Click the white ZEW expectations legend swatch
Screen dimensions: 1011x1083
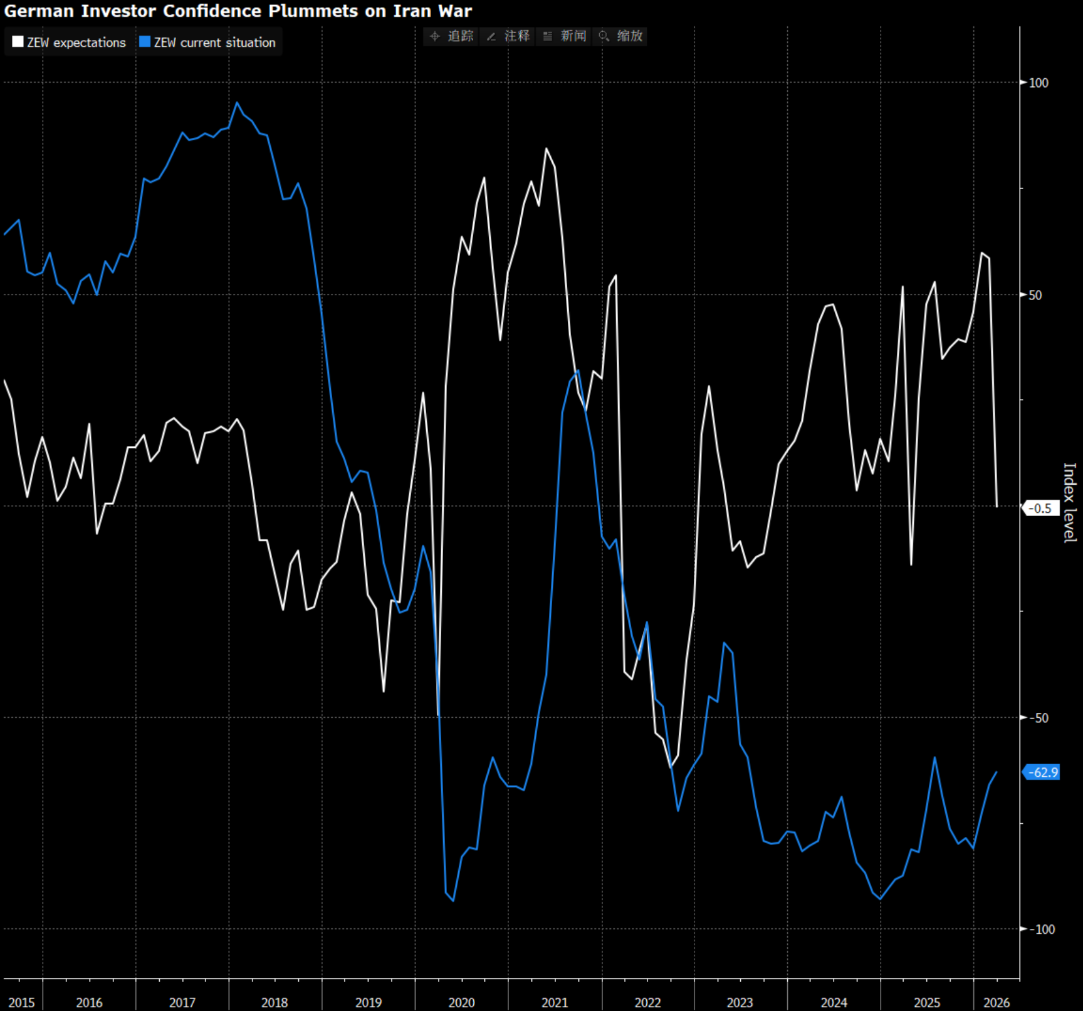(18, 42)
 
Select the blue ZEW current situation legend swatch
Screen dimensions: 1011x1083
(145, 42)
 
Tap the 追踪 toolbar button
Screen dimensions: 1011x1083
(452, 36)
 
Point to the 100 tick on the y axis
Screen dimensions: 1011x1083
(1039, 83)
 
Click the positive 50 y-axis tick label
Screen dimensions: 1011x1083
(1035, 295)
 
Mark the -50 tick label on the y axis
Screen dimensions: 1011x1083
(1039, 718)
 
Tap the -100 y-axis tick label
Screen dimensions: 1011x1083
(1041, 930)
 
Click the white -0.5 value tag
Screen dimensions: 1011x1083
(1041, 509)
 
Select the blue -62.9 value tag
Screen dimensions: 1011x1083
(1042, 772)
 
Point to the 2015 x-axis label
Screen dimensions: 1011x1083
(22, 1003)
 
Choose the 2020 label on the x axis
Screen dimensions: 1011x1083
(461, 1003)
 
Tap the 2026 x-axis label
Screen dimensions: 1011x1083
(997, 1003)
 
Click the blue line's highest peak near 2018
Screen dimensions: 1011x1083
(237, 103)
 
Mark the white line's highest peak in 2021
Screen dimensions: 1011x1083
(547, 149)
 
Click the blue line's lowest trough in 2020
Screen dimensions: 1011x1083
(453, 901)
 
